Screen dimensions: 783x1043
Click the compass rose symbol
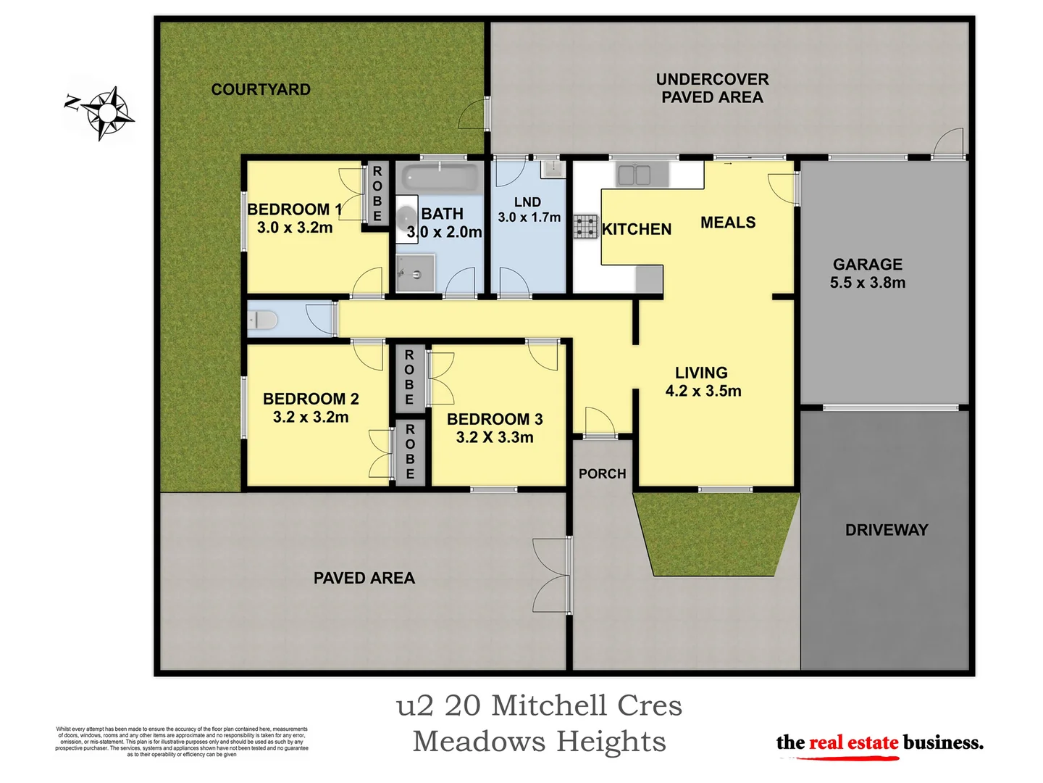pyautogui.click(x=107, y=112)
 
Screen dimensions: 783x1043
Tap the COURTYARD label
pyautogui.click(x=261, y=90)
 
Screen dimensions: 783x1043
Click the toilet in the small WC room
pyautogui.click(x=262, y=320)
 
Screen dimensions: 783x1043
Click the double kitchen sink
pyautogui.click(x=634, y=175)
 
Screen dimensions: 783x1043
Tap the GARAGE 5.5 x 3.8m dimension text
pyautogui.click(x=868, y=283)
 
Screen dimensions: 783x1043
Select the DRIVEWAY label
pyautogui.click(x=887, y=530)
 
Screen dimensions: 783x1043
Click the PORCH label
pyautogui.click(x=602, y=474)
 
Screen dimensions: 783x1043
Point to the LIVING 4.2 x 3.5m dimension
pyautogui.click(x=703, y=391)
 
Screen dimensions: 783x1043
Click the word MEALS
pyautogui.click(x=728, y=223)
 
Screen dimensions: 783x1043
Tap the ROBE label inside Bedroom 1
pyautogui.click(x=377, y=194)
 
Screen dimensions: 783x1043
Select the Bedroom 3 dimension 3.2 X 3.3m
pyautogui.click(x=495, y=437)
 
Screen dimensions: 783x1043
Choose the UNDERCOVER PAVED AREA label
pyautogui.click(x=712, y=88)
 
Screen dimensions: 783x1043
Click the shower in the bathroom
pyautogui.click(x=416, y=273)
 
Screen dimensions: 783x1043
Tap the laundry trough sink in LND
pyautogui.click(x=552, y=169)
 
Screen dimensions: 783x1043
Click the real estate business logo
pyautogui.click(x=879, y=744)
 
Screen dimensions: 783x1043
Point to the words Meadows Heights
pyautogui.click(x=539, y=742)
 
